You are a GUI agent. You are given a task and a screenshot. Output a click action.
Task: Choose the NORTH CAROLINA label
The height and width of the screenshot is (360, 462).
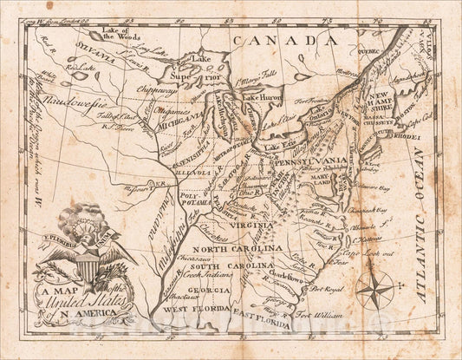(x=226, y=249)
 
